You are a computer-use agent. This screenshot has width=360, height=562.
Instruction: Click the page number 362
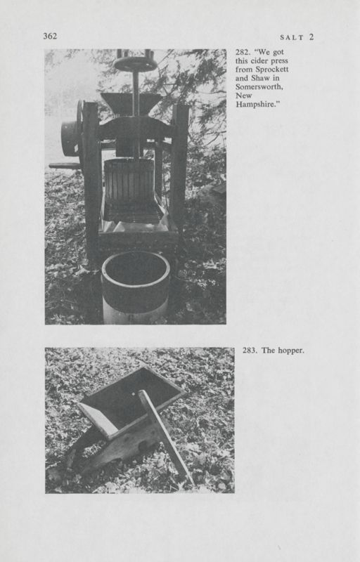click(49, 37)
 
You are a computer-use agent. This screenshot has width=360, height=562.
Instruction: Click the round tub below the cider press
click(136, 281)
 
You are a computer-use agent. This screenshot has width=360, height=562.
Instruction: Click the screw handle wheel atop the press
click(135, 64)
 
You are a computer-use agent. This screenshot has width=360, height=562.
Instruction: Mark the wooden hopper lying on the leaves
click(127, 414)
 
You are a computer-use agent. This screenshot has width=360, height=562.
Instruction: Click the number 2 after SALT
click(311, 37)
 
